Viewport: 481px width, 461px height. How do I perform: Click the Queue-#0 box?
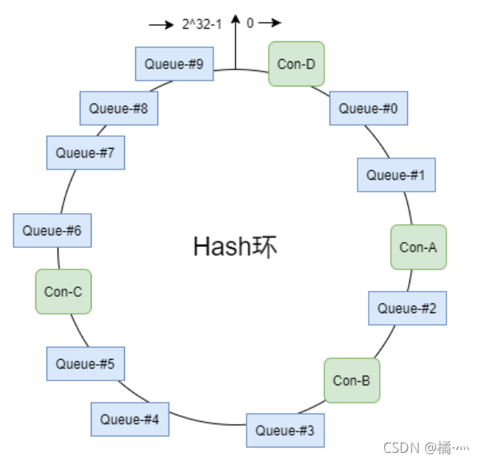[x=368, y=108]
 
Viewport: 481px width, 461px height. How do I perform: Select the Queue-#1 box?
[x=396, y=175]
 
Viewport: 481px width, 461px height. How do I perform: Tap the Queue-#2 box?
[x=407, y=309]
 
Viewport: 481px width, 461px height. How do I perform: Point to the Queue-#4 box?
[x=129, y=420]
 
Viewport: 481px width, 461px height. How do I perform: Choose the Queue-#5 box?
[x=85, y=364]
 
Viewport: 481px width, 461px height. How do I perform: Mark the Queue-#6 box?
[x=52, y=230]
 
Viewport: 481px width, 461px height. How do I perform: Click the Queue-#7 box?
[x=85, y=153]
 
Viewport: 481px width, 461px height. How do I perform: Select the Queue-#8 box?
[x=118, y=108]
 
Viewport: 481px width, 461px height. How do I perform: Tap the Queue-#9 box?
[x=174, y=64]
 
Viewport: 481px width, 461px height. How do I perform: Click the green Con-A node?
[x=418, y=247]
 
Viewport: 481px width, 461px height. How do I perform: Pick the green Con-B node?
[x=352, y=380]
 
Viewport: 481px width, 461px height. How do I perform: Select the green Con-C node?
[x=63, y=292]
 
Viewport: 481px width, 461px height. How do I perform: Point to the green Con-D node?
[x=296, y=64]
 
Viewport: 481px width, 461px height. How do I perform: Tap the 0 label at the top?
[x=250, y=23]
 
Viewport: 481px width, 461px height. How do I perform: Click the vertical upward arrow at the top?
[x=236, y=41]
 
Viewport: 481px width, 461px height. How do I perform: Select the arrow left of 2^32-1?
[x=160, y=24]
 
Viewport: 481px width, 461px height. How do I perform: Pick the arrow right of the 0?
[x=270, y=23]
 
